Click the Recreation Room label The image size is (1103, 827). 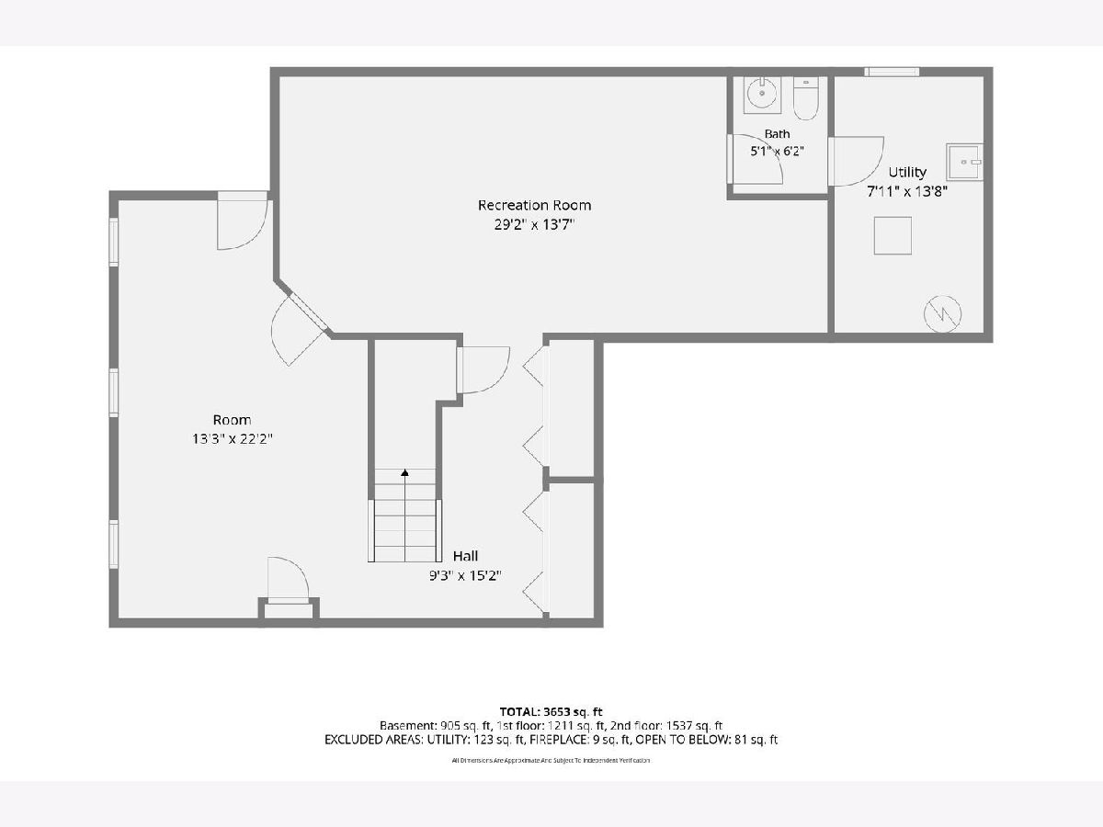(x=534, y=205)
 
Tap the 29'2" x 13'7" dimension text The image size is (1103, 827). (x=534, y=224)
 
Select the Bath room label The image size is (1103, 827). (x=777, y=134)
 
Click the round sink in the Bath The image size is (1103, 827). (x=762, y=94)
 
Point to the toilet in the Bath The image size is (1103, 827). (x=806, y=98)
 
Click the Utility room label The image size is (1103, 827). (x=907, y=172)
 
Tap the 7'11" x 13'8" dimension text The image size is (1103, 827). (x=907, y=191)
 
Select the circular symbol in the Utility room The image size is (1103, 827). (x=943, y=314)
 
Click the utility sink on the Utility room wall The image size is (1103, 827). (x=964, y=162)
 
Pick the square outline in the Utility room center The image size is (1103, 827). (x=893, y=235)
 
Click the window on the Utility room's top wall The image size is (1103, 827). (x=892, y=72)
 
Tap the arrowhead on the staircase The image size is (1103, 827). (x=404, y=472)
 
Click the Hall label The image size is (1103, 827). (x=465, y=556)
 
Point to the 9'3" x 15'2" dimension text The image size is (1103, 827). (x=465, y=575)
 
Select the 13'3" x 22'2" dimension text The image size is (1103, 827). (x=233, y=439)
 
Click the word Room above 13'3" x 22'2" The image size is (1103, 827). (x=233, y=420)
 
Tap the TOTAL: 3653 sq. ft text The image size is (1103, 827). (x=551, y=711)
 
